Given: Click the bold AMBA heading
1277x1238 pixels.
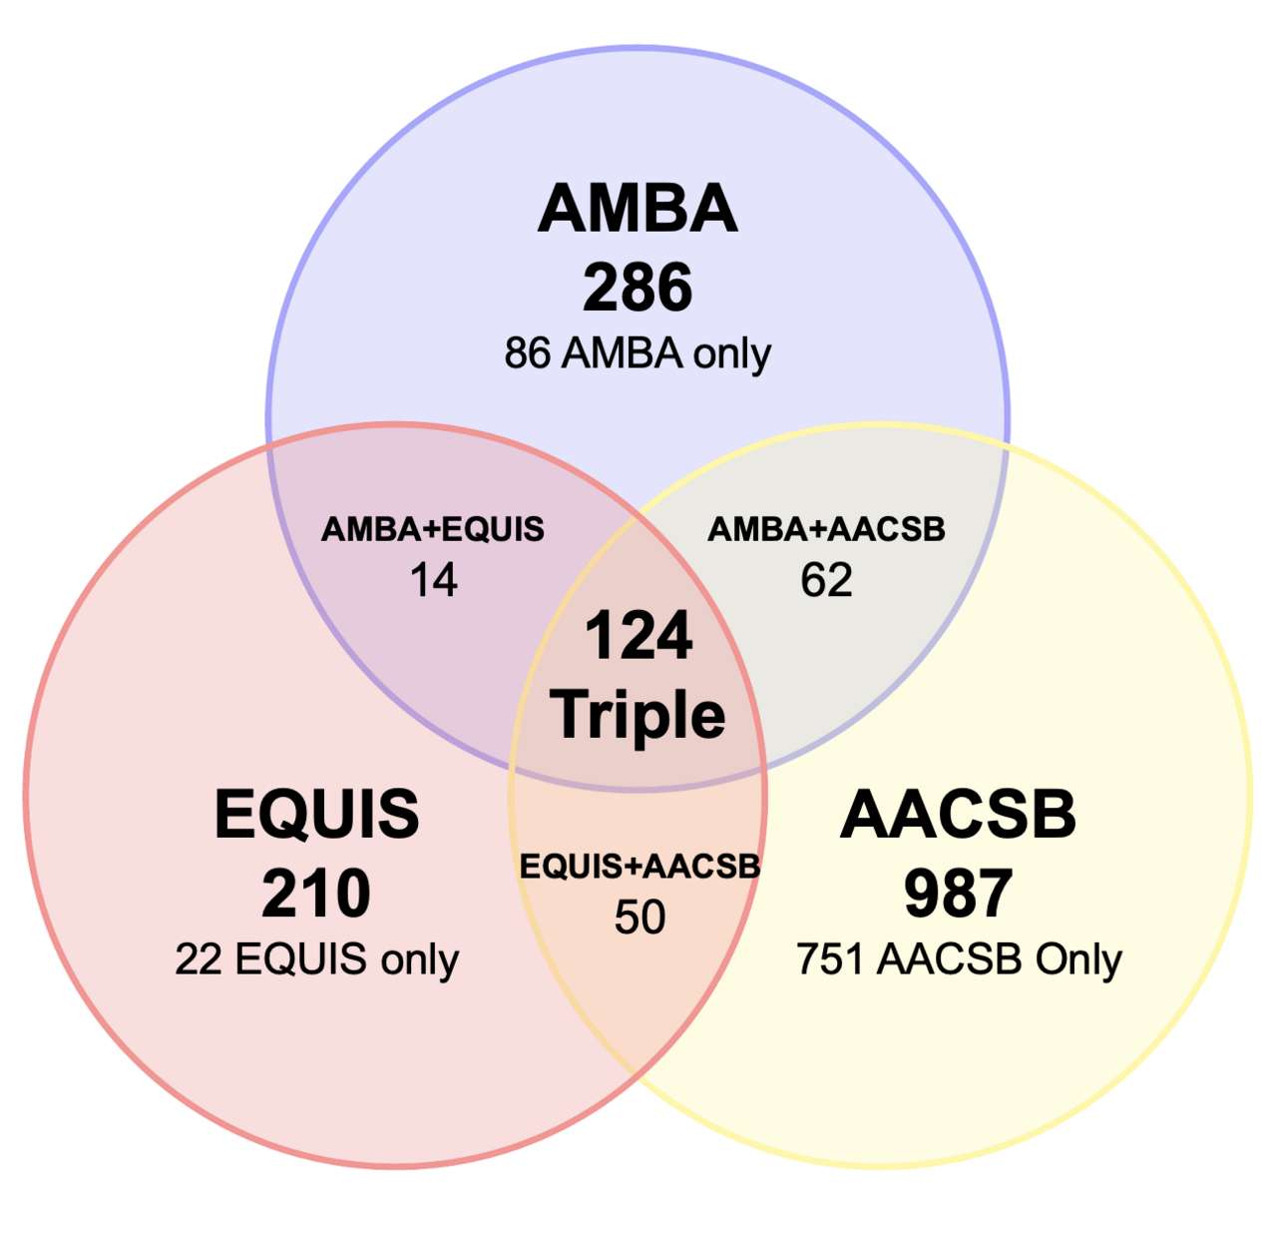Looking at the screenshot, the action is point(638,209).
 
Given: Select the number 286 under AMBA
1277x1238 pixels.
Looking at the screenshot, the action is point(638,287).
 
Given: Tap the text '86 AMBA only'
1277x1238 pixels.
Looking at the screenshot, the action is point(638,354).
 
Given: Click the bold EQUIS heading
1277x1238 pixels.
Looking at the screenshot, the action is point(317,814).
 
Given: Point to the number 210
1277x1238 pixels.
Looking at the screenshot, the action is point(316,893).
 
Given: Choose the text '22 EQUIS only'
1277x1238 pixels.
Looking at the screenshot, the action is point(317,959).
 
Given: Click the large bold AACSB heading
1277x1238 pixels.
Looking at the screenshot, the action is point(958,814).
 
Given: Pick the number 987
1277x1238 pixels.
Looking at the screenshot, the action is point(958,893).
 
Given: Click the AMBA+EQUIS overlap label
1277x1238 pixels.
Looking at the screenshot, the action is point(433,529).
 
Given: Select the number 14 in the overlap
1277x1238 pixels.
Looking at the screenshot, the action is point(433,580).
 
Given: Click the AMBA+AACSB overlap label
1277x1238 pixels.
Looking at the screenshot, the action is point(827,529).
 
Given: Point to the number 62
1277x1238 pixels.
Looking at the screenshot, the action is point(827,580).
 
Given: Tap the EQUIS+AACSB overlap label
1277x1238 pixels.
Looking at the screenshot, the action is point(639,867).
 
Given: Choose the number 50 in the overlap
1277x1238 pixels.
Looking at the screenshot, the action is point(639,917).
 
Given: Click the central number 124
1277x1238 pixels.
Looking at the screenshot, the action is point(638,635).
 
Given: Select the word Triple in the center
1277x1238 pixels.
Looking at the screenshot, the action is point(638,716).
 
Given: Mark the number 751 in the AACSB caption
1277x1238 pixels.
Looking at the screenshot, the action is point(829,959).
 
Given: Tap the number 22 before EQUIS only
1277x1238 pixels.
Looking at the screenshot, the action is point(199,959).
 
